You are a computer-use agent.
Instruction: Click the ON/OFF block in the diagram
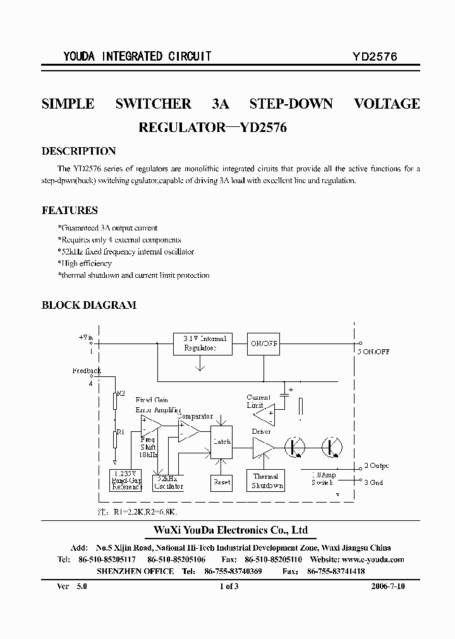tap(263, 343)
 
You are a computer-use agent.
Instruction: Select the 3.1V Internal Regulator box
tap(200, 343)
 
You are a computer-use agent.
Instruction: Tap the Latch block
tap(222, 441)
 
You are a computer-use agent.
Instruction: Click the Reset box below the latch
tap(222, 482)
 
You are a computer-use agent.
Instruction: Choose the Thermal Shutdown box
tap(266, 481)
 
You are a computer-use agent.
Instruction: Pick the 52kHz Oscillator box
tap(169, 482)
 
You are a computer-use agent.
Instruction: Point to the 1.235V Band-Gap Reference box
tap(126, 481)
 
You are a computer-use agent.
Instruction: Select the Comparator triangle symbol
tap(188, 432)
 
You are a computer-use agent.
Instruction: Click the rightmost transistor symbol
tap(332, 446)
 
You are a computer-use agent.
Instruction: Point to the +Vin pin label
tap(85, 338)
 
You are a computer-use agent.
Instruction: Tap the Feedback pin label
tap(87, 371)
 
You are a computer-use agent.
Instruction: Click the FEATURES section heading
tap(70, 210)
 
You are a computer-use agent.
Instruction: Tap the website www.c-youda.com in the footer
tap(373, 559)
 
